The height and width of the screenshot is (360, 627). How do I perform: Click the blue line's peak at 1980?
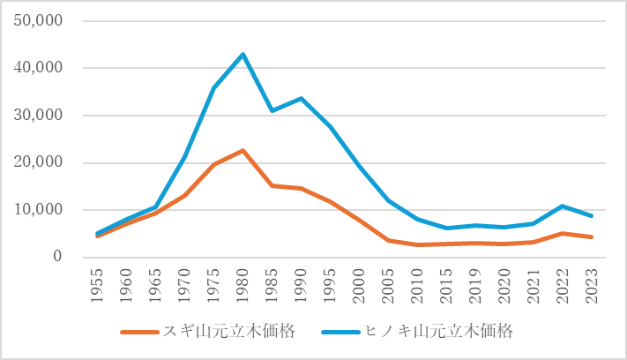tap(243, 55)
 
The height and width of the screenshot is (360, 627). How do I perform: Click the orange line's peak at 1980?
tap(243, 151)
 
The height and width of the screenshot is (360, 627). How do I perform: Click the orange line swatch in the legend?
tap(139, 333)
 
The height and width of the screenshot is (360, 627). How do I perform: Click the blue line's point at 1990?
tap(301, 98)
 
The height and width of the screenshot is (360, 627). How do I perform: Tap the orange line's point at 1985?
tap(272, 185)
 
